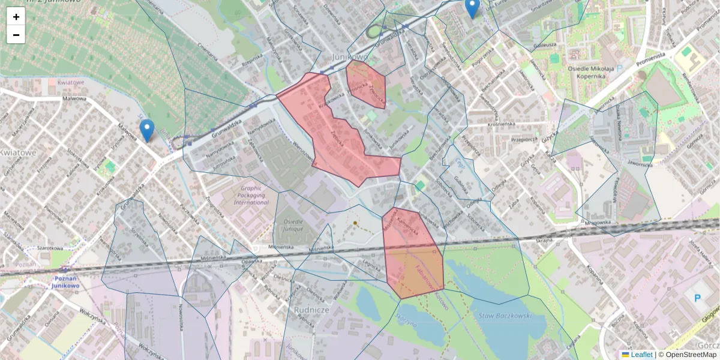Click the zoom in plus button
[x=16, y=17]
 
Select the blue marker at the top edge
[x=472, y=8]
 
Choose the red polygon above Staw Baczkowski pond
[x=413, y=252]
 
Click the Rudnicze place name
[x=310, y=309]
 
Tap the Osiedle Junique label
[x=292, y=225]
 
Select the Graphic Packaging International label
[x=251, y=195]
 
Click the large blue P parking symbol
[x=697, y=298]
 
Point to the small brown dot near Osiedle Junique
[x=355, y=223]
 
